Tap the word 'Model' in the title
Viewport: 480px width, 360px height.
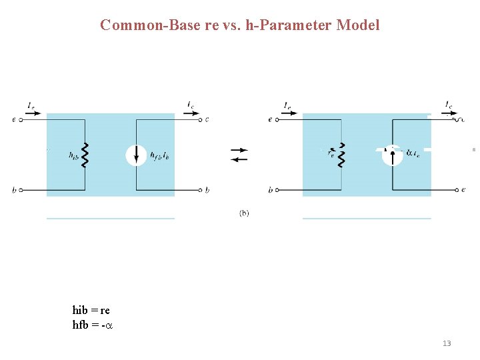click(358, 25)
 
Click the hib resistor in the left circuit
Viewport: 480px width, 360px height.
click(85, 155)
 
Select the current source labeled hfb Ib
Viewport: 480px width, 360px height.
click(136, 155)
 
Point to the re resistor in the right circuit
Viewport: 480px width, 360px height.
click(341, 155)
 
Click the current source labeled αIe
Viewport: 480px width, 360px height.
click(393, 155)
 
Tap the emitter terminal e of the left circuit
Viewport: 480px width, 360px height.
click(21, 120)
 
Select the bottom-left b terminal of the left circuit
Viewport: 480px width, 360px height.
click(21, 190)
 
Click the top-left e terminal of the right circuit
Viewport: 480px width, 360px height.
click(276, 120)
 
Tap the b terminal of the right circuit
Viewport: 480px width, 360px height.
click(276, 190)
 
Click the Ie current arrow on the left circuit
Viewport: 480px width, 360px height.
click(35, 114)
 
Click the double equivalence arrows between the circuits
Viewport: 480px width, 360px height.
click(239, 155)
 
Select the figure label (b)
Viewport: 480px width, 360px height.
click(244, 213)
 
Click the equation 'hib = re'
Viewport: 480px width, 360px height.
click(91, 311)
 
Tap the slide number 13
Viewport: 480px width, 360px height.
click(447, 343)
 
